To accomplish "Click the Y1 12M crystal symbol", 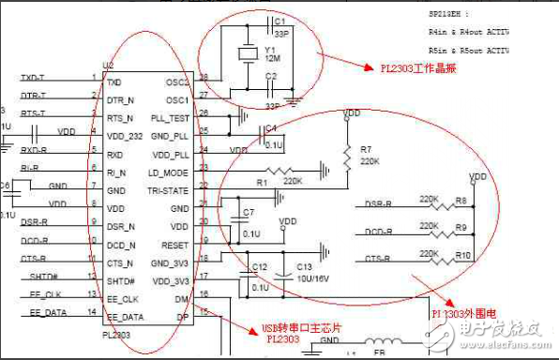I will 247,55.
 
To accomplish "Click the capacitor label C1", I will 279,20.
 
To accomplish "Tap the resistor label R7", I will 366,148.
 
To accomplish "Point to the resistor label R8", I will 460,201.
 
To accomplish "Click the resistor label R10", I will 461,254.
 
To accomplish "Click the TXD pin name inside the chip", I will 114,82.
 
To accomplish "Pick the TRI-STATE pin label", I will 169,189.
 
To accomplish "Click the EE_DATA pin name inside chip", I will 126,317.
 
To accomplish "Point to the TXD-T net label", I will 33,77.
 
